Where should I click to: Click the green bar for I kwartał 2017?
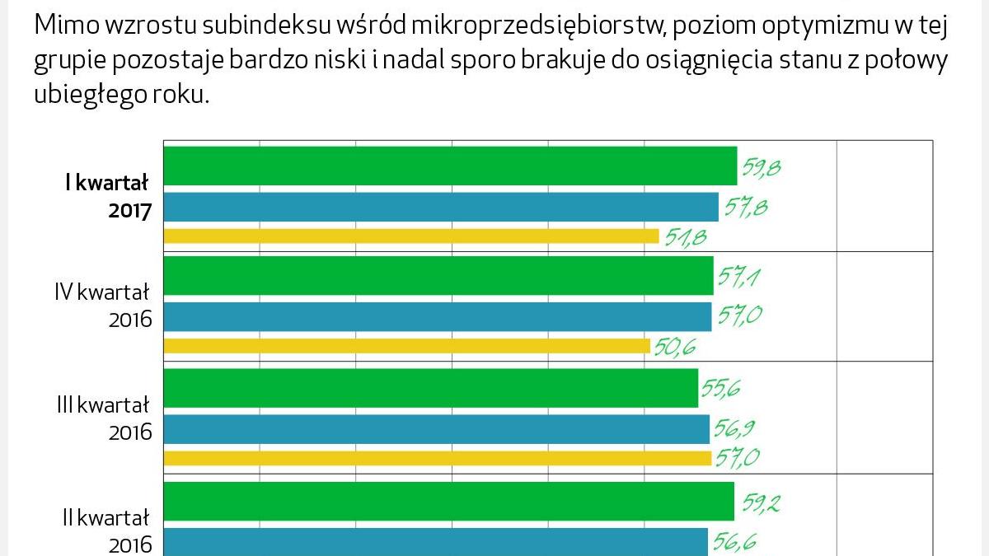click(450, 166)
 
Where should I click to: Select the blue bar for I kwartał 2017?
click(441, 207)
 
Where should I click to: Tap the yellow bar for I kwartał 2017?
click(411, 236)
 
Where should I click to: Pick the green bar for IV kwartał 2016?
click(438, 276)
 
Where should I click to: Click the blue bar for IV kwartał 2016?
click(438, 316)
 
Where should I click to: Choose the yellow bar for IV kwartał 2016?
click(407, 346)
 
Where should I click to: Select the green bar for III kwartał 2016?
click(431, 388)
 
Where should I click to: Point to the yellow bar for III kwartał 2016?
click(438, 458)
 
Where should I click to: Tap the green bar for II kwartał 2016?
click(449, 501)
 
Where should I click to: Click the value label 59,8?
click(761, 168)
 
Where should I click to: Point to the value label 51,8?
click(686, 238)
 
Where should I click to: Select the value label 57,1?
click(738, 278)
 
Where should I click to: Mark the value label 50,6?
click(676, 348)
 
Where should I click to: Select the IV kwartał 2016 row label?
click(103, 305)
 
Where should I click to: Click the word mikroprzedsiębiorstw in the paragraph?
click(535, 26)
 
